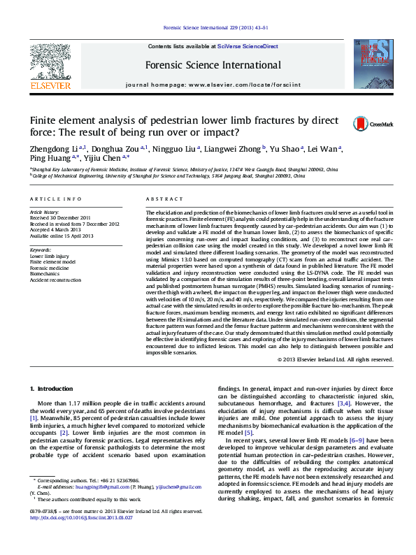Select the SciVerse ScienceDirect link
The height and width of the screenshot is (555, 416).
coord(248,46)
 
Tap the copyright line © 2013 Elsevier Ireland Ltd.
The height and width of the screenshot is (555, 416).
coord(335,359)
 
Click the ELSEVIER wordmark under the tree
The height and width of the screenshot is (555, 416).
coord(50,86)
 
